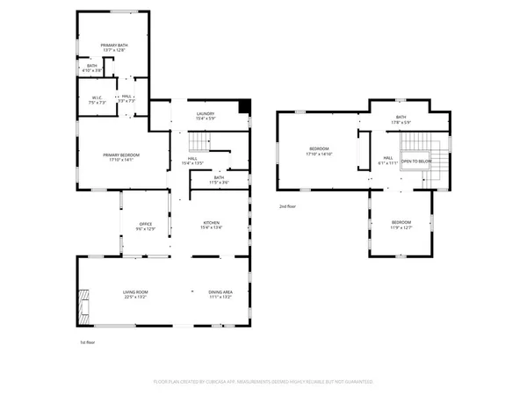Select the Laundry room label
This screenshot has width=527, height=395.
click(205, 112)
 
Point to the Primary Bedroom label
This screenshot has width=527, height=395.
click(121, 154)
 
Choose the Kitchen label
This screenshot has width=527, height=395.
click(213, 223)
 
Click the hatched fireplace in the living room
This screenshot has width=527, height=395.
click(84, 303)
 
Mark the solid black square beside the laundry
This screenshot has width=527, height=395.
click(245, 107)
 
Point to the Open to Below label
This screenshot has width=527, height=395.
click(416, 162)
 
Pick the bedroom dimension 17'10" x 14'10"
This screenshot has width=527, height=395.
click(318, 153)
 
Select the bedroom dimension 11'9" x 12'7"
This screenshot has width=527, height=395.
click(401, 226)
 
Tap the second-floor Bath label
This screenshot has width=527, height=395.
click(401, 117)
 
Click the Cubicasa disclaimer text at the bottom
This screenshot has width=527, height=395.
click(263, 382)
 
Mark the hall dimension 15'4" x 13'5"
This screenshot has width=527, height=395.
click(192, 163)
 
